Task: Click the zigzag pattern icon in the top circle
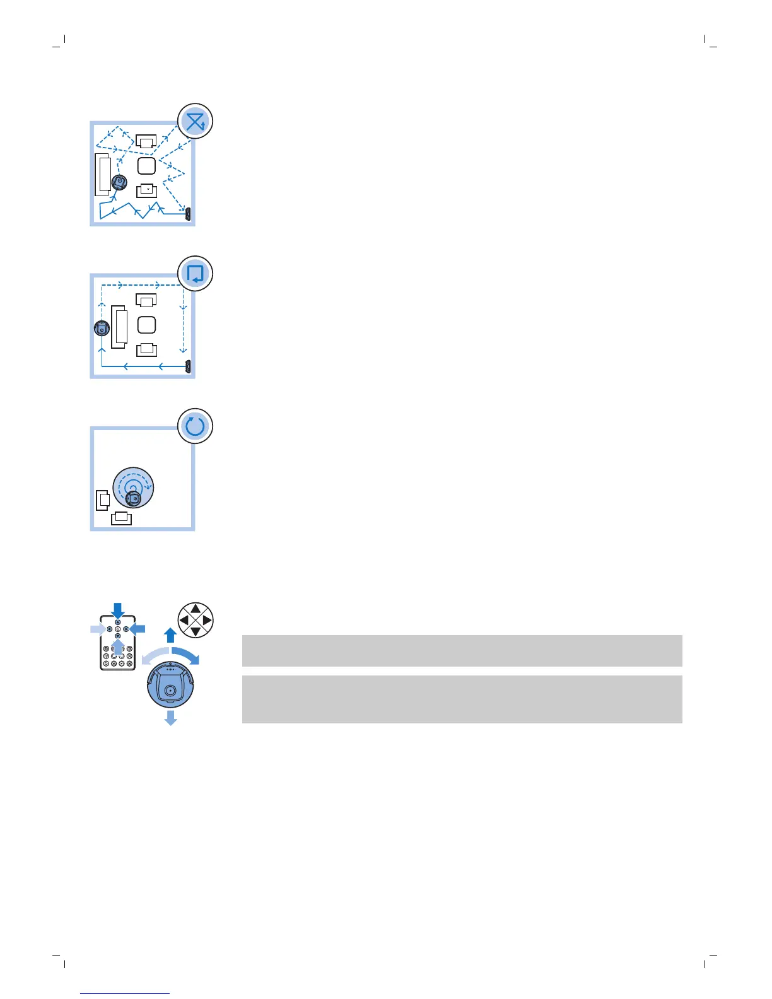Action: (196, 121)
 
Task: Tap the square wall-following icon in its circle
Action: (196, 274)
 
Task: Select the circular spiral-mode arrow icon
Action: (196, 426)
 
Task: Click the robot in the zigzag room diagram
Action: (119, 183)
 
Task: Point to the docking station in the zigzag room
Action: (188, 213)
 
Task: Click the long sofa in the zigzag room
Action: (103, 175)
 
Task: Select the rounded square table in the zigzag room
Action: (146, 166)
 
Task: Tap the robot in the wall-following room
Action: (102, 328)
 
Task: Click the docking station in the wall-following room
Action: (188, 366)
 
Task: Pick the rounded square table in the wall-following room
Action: (146, 325)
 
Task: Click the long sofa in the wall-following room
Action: (119, 327)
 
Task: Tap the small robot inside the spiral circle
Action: (132, 499)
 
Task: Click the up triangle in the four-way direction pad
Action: (196, 609)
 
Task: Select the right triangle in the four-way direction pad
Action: (207, 621)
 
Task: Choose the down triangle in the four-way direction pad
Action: (196, 631)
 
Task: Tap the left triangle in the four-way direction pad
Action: (184, 621)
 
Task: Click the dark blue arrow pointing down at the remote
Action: (118, 610)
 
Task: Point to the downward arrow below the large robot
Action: (170, 718)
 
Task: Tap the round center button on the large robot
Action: (170, 691)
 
